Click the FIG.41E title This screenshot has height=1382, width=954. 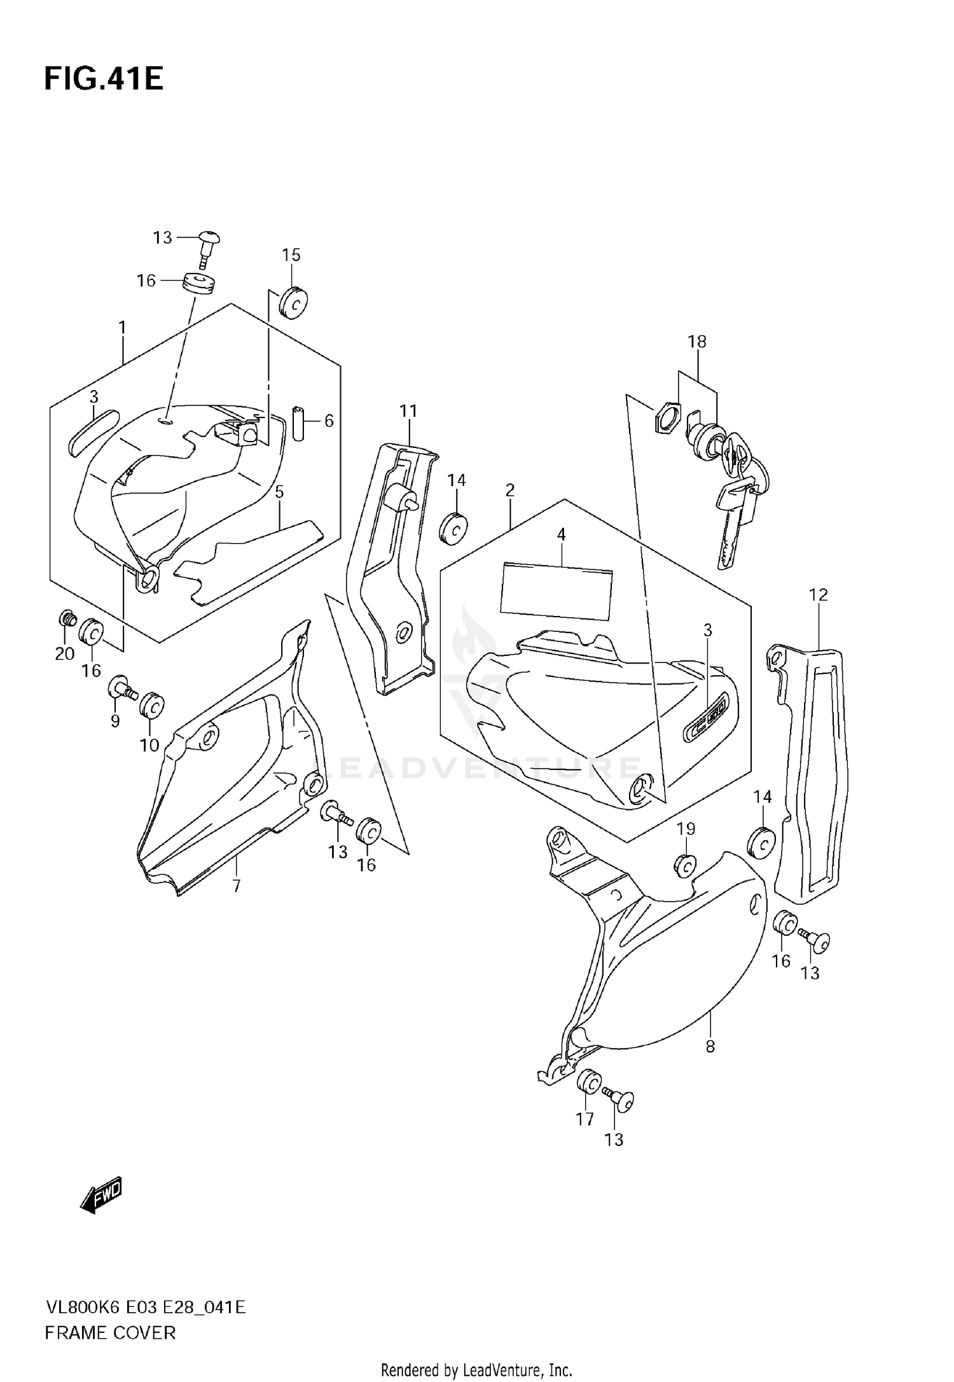coord(104,79)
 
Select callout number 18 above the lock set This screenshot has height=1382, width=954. coord(696,342)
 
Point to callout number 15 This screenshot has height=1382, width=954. coord(291,255)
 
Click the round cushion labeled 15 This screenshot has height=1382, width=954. coord(293,304)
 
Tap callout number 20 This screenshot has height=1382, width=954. coord(65,653)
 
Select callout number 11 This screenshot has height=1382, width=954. coord(408,411)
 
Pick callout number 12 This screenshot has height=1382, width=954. coord(818,595)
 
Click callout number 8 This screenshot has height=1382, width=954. coord(710,1045)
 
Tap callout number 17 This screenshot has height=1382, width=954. coord(584,1119)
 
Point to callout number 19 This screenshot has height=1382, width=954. coord(686,828)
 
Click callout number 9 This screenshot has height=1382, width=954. coord(115,721)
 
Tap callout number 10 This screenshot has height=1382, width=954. coord(149,744)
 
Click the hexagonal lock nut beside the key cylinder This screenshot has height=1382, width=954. coord(666,419)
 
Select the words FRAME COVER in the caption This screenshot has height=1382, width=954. coord(110,1332)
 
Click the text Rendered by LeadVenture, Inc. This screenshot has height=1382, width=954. coord(476,1370)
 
